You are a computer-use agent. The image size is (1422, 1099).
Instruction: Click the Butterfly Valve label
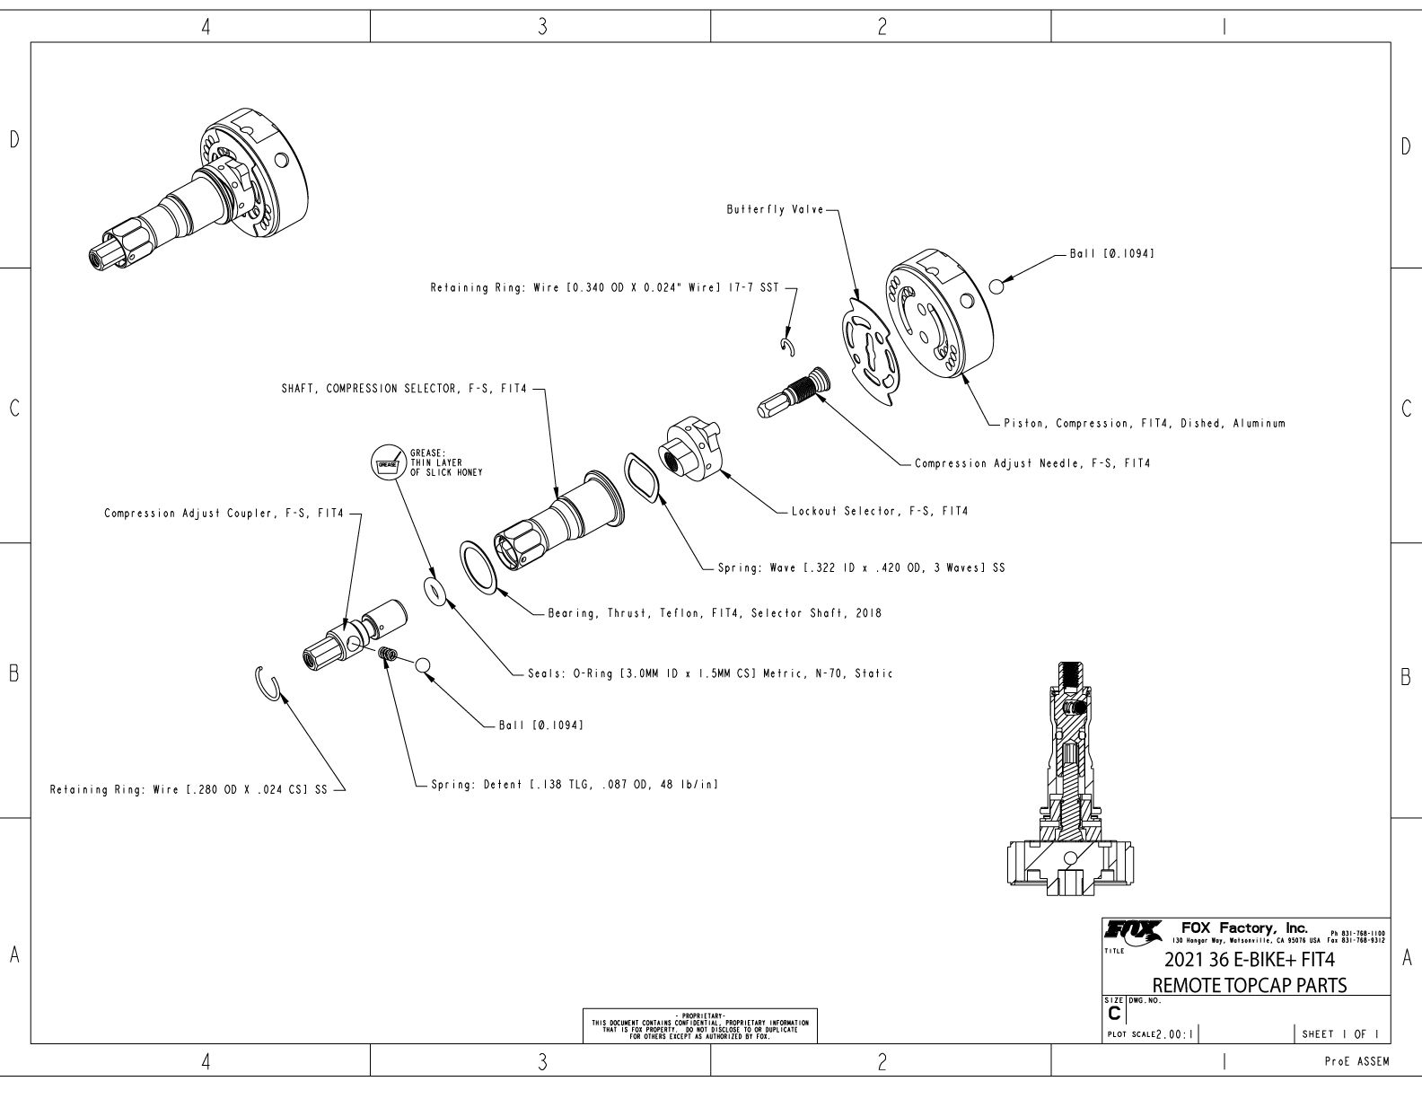click(x=776, y=209)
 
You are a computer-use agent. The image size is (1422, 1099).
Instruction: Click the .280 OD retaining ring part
click(x=268, y=682)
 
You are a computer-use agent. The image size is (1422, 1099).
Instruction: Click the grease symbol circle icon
click(x=387, y=462)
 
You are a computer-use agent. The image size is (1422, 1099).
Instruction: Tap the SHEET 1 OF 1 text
click(x=1340, y=1034)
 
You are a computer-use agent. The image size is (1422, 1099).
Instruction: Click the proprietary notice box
click(x=700, y=1025)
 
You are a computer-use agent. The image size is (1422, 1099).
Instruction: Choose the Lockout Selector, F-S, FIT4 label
click(x=879, y=512)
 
